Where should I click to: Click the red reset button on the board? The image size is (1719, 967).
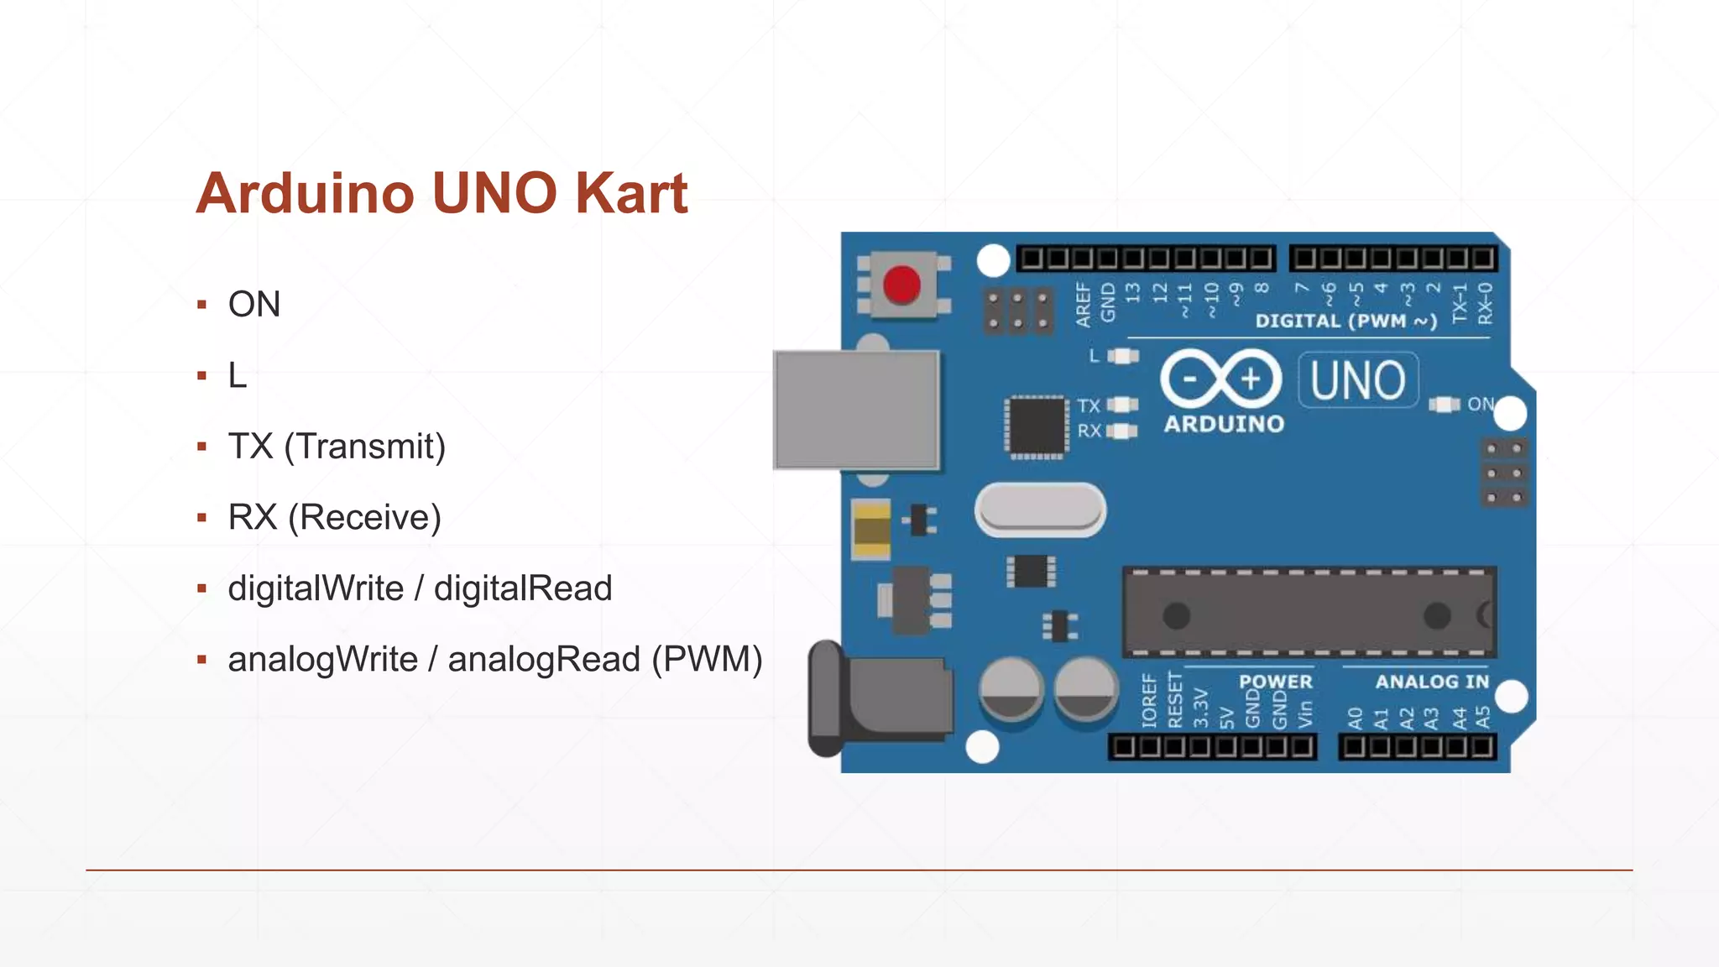coord(901,285)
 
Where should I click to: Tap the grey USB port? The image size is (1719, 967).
coord(856,410)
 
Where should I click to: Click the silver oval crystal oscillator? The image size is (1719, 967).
coord(1040,510)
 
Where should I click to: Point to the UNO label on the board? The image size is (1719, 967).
coord(1357,380)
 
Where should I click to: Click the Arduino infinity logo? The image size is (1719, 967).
coord(1220,379)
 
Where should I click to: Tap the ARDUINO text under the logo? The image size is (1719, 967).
coord(1224,424)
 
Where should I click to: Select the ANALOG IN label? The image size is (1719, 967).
coord(1431,682)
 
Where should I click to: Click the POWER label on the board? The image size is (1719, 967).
coord(1275,682)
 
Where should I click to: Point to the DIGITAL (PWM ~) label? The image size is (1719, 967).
coord(1345,321)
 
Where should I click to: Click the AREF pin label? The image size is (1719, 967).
coord(1084,304)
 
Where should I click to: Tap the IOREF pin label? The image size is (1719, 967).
coord(1149,700)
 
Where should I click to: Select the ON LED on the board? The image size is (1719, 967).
coord(1445,405)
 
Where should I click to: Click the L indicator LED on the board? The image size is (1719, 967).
coord(1122,356)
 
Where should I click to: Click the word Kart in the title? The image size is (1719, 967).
coord(631,193)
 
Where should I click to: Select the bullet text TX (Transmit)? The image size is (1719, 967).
coord(337,446)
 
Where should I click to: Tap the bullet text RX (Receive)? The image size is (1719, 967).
coord(334,517)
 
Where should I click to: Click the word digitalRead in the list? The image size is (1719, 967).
coord(523,588)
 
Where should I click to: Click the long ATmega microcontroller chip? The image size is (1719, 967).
coord(1309,613)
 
